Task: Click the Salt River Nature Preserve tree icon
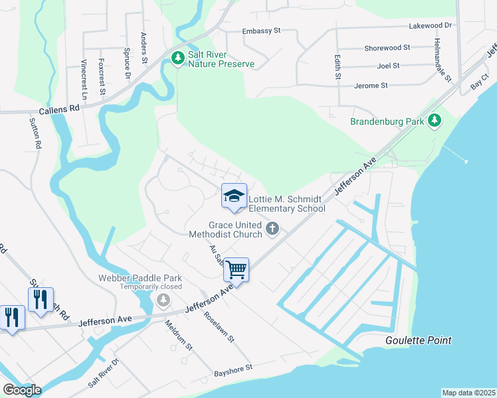point(177,58)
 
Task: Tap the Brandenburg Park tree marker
point(435,121)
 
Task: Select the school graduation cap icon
point(234,196)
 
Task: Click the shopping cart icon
point(236,269)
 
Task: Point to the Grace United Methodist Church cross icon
point(272,229)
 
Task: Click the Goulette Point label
point(418,340)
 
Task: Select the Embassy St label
point(262,31)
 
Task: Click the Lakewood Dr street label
point(431,25)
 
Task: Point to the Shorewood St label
point(387,48)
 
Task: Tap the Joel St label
point(387,66)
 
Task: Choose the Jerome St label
point(371,86)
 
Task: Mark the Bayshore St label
point(233,369)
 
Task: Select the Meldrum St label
point(179,336)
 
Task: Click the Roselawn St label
point(219,327)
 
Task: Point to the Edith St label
point(338,67)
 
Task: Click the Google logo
point(22,390)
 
